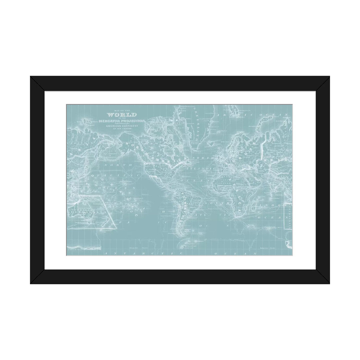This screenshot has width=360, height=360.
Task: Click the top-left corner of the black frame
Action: pyautogui.click(x=31, y=77)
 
